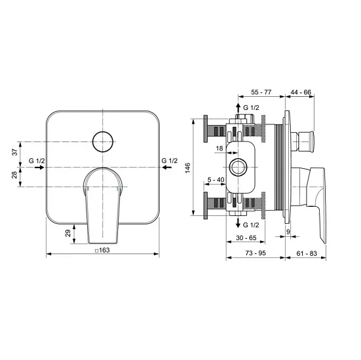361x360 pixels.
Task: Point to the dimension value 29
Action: coord(68,233)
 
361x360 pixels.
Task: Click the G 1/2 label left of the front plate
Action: coord(37,160)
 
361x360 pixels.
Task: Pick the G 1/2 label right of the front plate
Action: coord(168,160)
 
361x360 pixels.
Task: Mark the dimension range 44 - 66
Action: coord(300,94)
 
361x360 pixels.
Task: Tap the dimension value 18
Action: coord(219,149)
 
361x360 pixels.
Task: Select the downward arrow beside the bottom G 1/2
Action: coord(237,224)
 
